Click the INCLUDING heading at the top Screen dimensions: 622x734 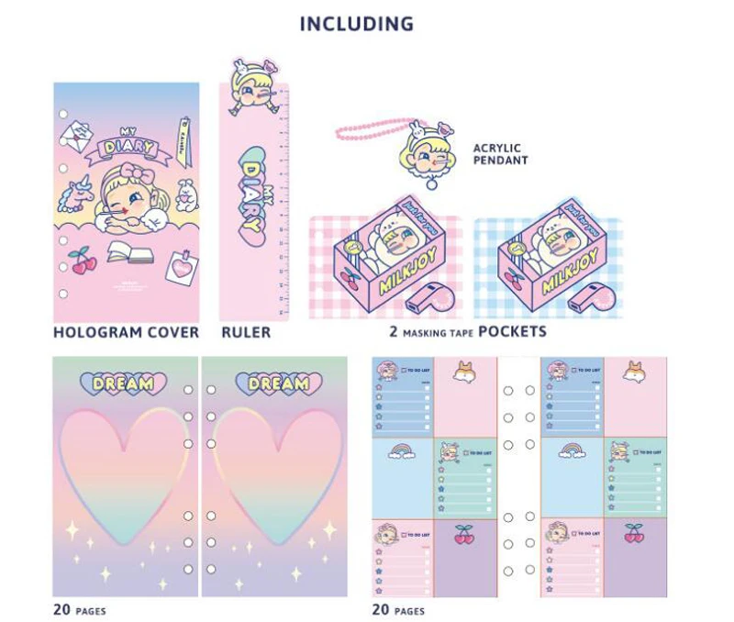click(x=356, y=24)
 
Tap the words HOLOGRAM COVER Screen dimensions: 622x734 click(x=126, y=331)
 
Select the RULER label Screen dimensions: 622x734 click(x=246, y=331)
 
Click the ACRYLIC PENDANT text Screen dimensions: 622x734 click(x=500, y=153)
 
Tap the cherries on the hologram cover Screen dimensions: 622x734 click(x=83, y=261)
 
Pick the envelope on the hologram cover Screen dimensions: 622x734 click(x=75, y=137)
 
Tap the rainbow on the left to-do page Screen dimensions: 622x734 click(x=402, y=451)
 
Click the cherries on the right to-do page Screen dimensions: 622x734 click(x=633, y=533)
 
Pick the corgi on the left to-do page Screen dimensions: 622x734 click(x=465, y=371)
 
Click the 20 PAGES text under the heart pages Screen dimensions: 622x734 click(x=79, y=609)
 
